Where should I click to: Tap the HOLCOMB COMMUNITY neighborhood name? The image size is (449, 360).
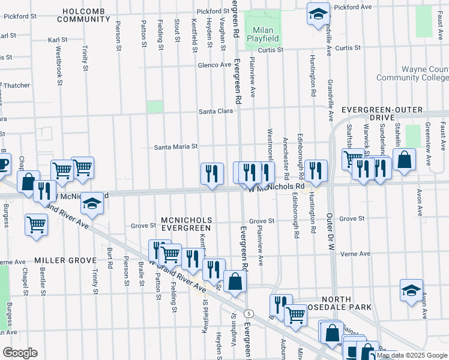point(82,15)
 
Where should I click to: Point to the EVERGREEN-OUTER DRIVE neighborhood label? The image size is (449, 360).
point(382,115)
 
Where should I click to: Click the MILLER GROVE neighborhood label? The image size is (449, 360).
point(65,260)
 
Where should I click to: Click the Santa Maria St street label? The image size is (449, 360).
point(176,147)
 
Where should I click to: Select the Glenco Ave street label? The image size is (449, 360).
point(215,65)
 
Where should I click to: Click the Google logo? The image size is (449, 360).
point(19,353)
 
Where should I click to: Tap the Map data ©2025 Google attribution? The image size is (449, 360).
point(412,355)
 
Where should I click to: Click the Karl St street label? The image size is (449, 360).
point(57,40)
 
